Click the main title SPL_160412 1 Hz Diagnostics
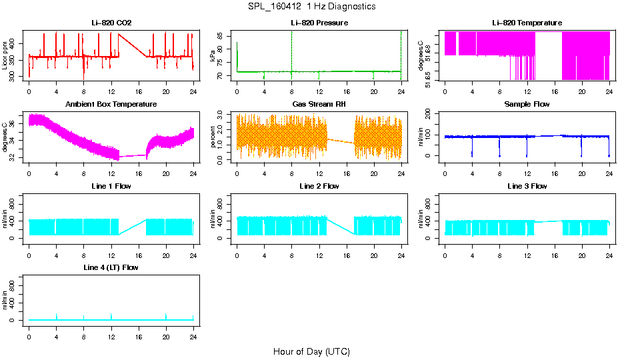click(x=311, y=6)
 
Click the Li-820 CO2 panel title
click(x=111, y=23)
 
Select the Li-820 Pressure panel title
click(x=319, y=23)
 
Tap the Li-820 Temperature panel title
click(x=527, y=23)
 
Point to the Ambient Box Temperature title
click(x=111, y=104)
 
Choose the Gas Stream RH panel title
click(x=319, y=104)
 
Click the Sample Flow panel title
click(x=527, y=104)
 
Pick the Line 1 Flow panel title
click(x=111, y=186)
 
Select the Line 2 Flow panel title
click(x=319, y=186)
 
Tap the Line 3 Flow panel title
click(x=527, y=186)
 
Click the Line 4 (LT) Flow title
click(x=111, y=267)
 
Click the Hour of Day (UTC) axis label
click(x=311, y=351)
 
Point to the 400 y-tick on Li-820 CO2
click(x=16, y=43)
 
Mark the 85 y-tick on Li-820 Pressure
click(x=224, y=35)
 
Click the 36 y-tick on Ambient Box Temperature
click(x=16, y=124)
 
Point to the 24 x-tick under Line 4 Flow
click(x=193, y=330)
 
